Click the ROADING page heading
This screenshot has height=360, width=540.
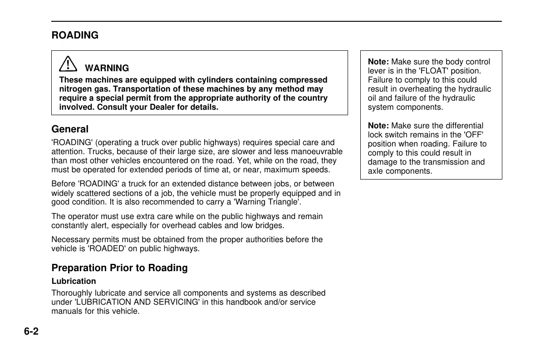[75, 35]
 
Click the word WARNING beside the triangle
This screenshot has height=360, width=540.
[107, 68]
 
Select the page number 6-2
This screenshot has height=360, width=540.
[31, 331]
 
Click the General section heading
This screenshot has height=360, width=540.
[70, 129]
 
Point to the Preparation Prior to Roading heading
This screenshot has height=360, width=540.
[119, 268]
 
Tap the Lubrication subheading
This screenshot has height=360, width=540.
[74, 281]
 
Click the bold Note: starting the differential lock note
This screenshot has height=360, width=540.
[378, 126]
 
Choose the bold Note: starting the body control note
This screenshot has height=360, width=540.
[378, 62]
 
